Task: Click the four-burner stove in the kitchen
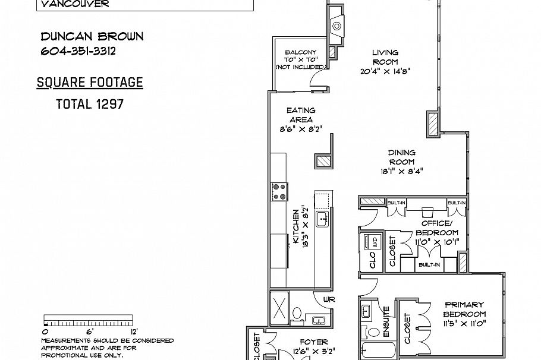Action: click(279, 192)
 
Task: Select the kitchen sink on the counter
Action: click(323, 219)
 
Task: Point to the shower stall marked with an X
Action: click(279, 308)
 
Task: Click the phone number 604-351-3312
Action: click(78, 51)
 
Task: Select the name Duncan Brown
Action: click(92, 36)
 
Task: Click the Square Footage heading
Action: click(90, 83)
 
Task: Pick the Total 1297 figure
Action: click(90, 104)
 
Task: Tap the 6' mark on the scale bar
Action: click(90, 331)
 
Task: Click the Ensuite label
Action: click(386, 322)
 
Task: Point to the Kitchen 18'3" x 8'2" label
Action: click(300, 226)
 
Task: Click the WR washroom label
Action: click(329, 299)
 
